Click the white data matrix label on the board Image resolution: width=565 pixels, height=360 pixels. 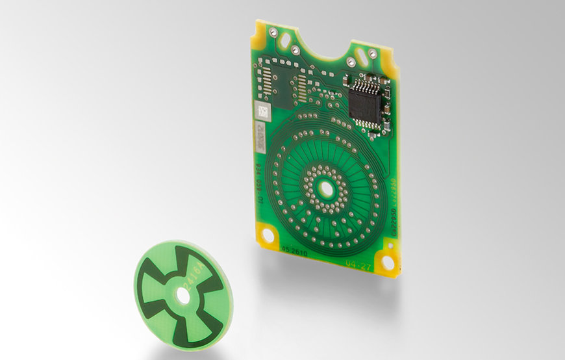[x=262, y=112]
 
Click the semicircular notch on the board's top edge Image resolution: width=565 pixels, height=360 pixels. [x=323, y=45]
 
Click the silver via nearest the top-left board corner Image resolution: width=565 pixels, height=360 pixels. [x=273, y=31]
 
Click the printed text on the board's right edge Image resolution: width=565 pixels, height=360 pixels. [x=394, y=195]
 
